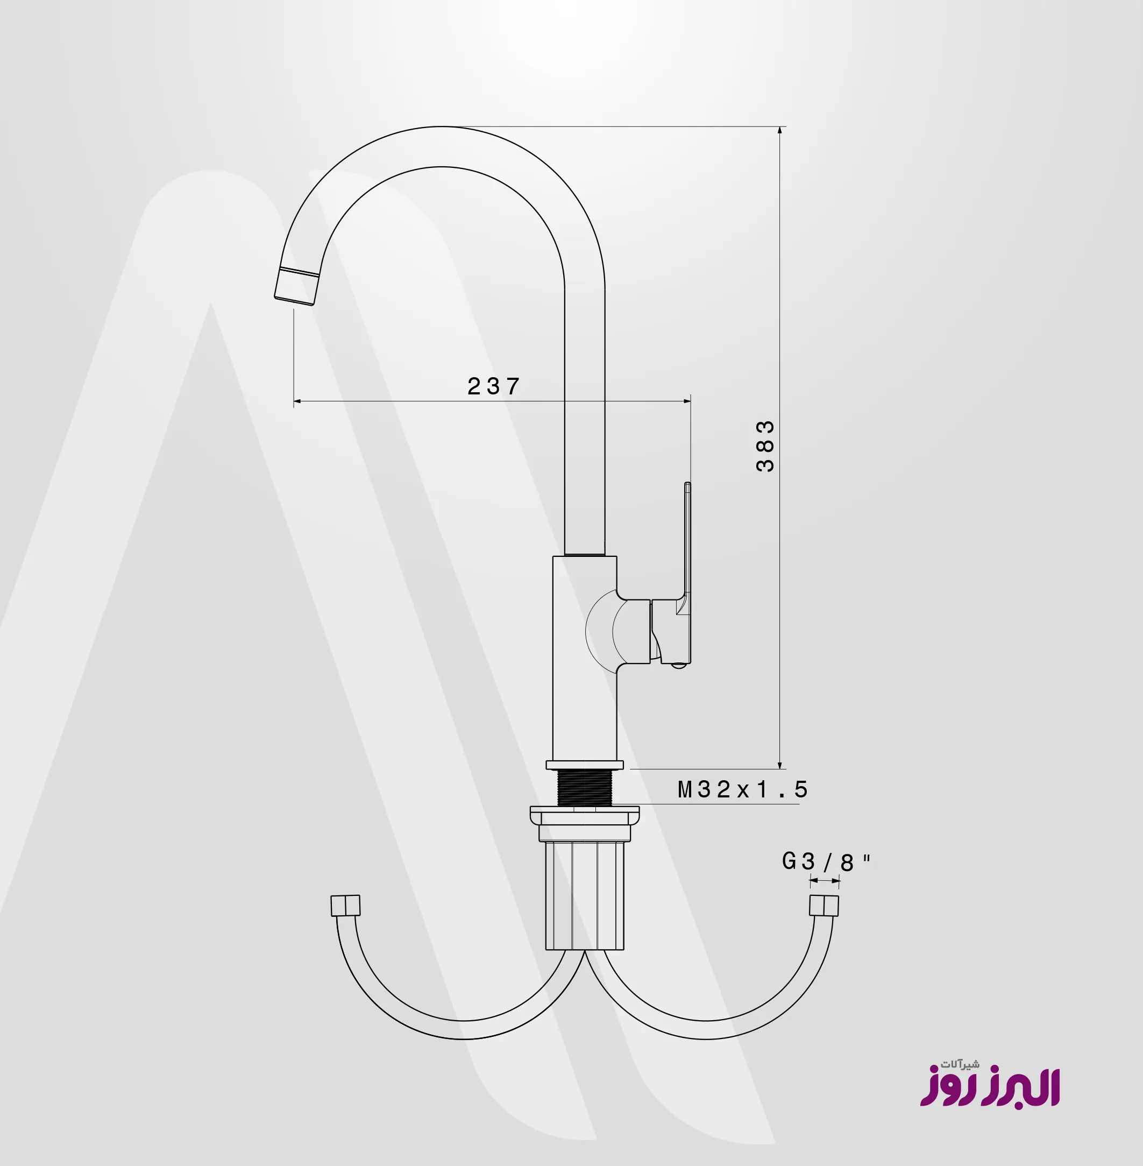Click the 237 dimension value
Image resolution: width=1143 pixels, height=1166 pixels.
click(x=493, y=386)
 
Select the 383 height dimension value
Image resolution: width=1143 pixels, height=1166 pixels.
click(x=765, y=446)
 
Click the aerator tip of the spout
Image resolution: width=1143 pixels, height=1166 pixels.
click(x=296, y=286)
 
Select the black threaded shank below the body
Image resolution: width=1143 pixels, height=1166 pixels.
click(x=584, y=788)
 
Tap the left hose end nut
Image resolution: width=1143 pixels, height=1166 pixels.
click(x=346, y=906)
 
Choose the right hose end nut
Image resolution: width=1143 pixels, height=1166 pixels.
click(x=823, y=906)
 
